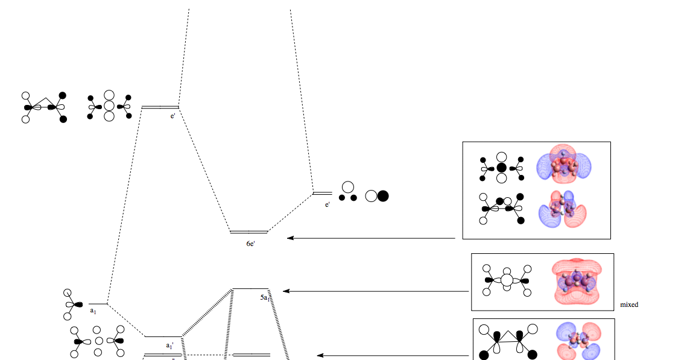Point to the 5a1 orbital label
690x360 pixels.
pos(264,298)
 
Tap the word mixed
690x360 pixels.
pos(629,305)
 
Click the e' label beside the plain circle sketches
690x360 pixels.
pos(328,205)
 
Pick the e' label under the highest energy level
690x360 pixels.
pos(173,116)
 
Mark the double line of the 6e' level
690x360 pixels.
pos(248,232)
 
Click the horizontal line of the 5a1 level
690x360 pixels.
pos(250,289)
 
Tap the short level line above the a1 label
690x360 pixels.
pos(98,303)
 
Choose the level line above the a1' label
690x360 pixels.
pos(163,336)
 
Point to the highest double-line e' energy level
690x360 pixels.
pos(160,107)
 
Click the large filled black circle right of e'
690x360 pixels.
pos(382,195)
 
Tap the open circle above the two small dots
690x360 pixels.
pos(347,187)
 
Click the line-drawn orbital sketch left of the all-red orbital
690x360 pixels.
pos(507,280)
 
